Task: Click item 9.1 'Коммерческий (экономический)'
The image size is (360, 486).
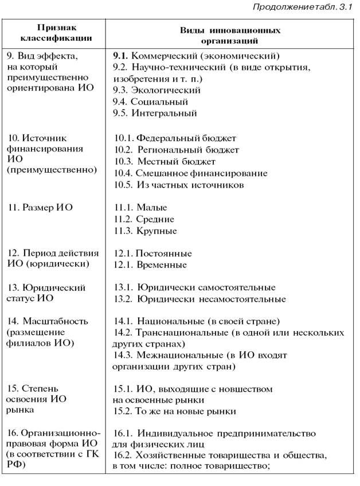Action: click(196, 56)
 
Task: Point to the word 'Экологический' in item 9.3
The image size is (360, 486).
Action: click(166, 90)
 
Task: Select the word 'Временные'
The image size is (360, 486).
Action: click(162, 265)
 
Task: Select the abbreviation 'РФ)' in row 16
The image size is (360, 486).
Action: click(16, 466)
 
